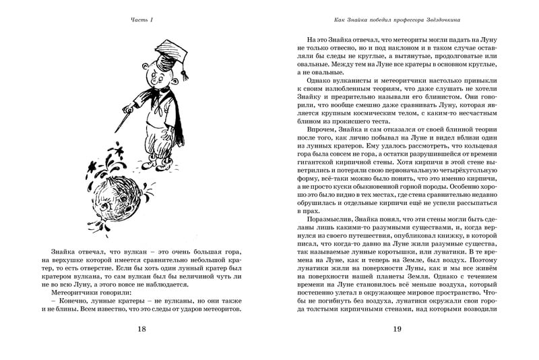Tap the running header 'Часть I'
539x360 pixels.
[142, 20]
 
